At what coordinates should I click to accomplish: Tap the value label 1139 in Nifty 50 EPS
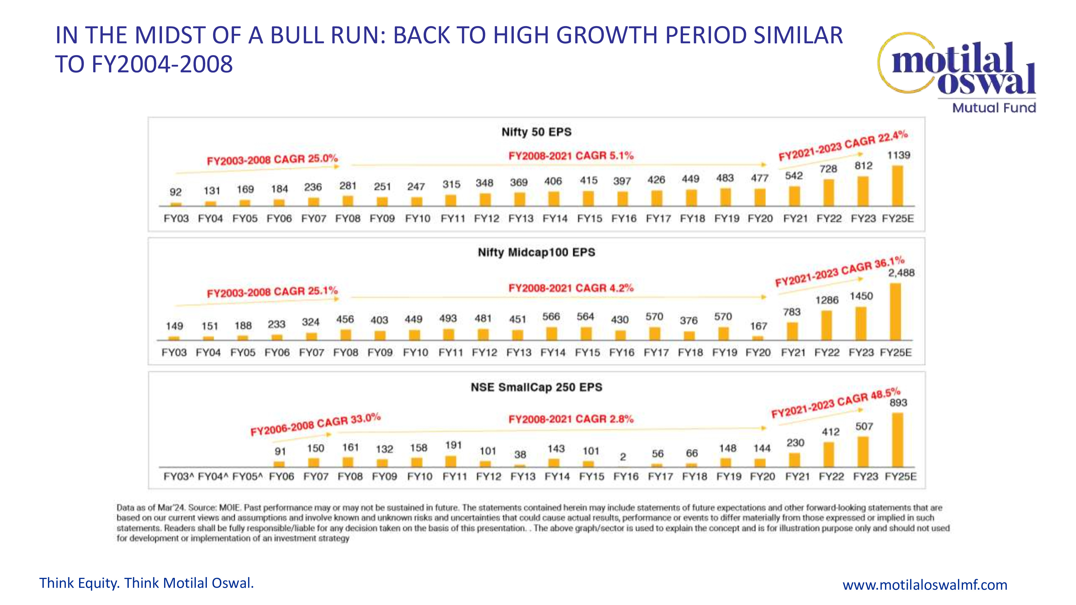(x=898, y=155)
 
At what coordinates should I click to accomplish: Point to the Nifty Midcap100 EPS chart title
(x=536, y=252)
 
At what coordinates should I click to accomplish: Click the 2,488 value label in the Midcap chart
(x=901, y=273)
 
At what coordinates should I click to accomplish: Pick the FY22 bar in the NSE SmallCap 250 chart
(x=829, y=454)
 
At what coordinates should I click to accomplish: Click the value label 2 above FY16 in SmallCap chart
(x=623, y=457)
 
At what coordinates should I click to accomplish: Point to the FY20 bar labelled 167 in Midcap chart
(x=758, y=338)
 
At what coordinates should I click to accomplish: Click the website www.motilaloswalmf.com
(x=925, y=585)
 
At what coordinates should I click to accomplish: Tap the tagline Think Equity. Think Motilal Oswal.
(x=147, y=583)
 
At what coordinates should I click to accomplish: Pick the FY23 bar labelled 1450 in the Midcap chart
(x=861, y=323)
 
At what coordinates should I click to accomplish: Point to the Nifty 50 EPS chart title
(x=536, y=132)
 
